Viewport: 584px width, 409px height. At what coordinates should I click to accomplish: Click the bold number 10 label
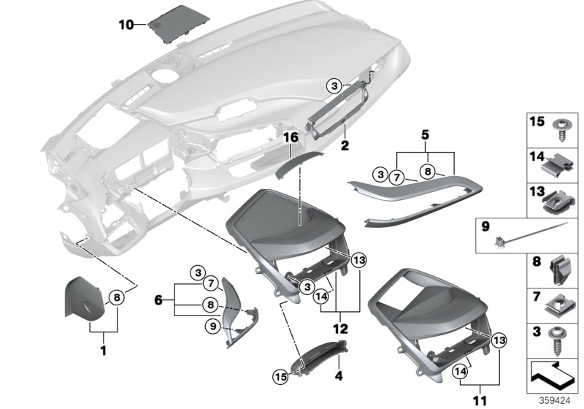tap(126, 25)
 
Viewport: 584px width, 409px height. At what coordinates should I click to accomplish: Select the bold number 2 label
tap(344, 145)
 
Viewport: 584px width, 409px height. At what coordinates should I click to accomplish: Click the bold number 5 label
tap(424, 135)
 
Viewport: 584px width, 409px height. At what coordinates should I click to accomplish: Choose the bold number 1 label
tap(103, 351)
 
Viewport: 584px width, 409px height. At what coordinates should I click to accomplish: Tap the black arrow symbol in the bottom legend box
tap(552, 376)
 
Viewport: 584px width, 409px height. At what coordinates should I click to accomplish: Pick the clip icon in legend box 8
tap(559, 272)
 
